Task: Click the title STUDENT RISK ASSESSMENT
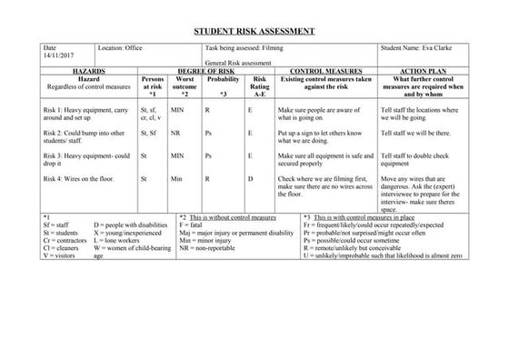(254, 31)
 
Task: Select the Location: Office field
(123, 47)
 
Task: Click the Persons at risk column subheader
(154, 85)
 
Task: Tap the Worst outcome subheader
(185, 85)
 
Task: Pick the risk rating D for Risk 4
(251, 180)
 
